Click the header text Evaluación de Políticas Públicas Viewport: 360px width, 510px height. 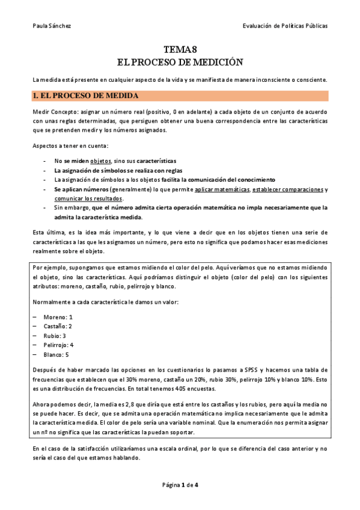(285, 26)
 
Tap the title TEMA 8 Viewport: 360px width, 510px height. (180, 51)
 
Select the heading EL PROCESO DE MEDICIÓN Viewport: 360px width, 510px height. (180, 62)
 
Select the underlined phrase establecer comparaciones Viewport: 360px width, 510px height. (287, 189)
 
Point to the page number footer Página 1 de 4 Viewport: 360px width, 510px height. (180, 484)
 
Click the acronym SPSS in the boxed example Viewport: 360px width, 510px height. (249, 369)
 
